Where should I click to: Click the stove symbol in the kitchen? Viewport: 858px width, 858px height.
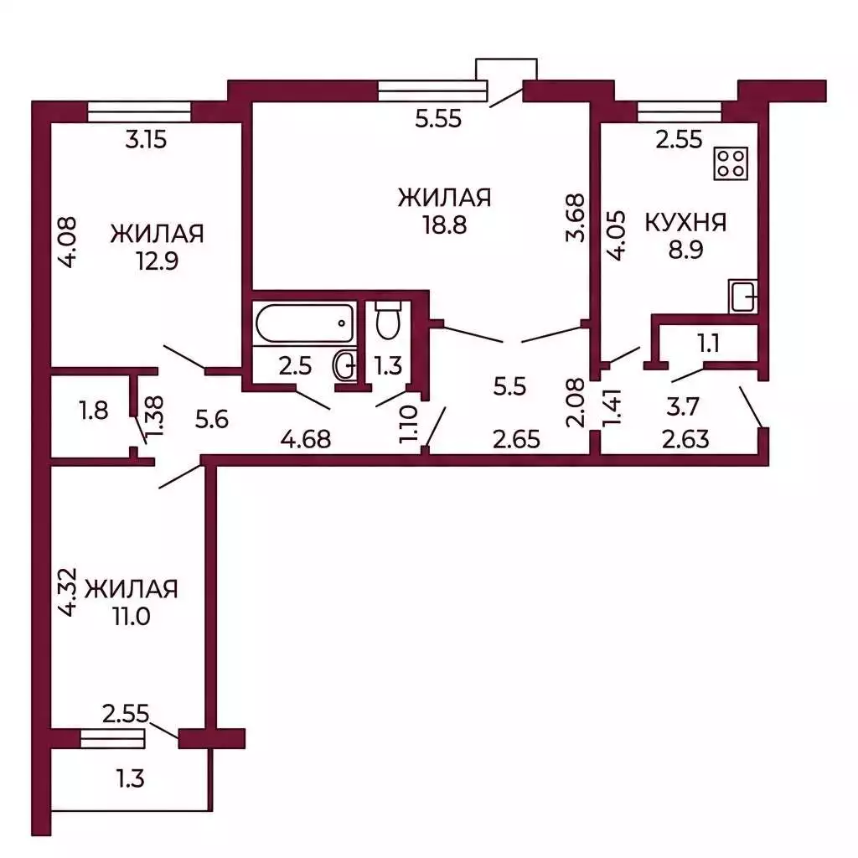731,163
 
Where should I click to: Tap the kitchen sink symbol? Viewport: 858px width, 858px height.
742,296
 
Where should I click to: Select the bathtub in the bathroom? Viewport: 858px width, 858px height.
305,323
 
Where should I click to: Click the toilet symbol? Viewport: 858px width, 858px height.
389,320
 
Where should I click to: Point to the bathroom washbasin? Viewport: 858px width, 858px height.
345,365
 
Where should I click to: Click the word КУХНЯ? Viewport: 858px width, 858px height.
685,223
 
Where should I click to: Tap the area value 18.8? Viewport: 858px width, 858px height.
444,225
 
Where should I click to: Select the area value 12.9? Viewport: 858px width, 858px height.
157,261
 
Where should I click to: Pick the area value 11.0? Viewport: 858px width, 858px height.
132,616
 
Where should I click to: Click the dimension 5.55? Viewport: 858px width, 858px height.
438,118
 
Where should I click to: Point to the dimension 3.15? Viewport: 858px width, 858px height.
146,140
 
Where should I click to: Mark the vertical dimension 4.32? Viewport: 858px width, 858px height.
67,592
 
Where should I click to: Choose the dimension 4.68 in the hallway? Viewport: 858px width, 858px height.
306,439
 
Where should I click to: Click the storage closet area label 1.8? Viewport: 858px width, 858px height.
94,410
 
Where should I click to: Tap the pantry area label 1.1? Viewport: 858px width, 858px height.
709,344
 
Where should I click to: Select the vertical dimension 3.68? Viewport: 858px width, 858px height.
576,217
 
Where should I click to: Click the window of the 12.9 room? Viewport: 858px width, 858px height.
139,112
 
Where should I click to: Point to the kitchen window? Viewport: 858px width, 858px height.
679,112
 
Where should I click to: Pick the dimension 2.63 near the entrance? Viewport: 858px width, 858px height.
685,439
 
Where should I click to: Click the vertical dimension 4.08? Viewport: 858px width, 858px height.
67,242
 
